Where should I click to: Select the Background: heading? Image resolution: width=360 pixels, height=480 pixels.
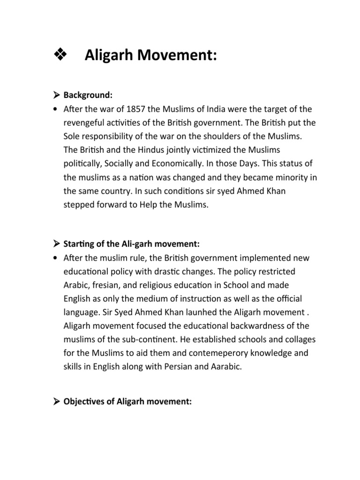click(x=88, y=95)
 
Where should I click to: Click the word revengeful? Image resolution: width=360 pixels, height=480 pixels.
click(x=84, y=124)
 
